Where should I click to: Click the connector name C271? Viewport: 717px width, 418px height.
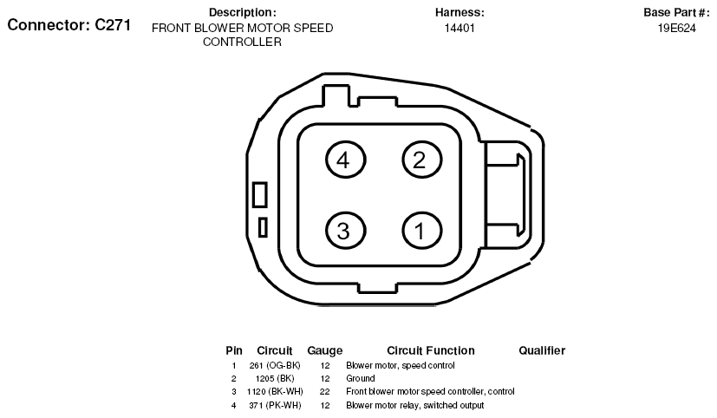pos(113,24)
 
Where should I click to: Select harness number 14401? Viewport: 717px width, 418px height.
pos(460,29)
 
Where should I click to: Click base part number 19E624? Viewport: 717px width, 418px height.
pos(677,29)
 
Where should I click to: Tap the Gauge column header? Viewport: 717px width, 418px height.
pos(324,350)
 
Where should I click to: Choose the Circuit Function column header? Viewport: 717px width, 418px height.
pos(431,350)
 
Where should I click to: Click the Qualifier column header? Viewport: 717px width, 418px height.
pos(542,350)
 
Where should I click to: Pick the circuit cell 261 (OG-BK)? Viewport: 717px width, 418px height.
pos(275,365)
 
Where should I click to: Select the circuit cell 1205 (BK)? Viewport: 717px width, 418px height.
pos(275,379)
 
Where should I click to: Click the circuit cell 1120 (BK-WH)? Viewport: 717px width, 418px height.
pos(275,391)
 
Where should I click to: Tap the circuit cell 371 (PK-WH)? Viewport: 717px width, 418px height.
pos(275,405)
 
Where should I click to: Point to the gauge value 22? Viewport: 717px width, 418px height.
pos(324,391)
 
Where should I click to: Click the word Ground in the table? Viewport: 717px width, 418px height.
pos(361,379)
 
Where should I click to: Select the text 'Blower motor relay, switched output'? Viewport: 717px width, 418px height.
pos(414,405)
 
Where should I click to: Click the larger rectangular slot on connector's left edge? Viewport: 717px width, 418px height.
pos(260,194)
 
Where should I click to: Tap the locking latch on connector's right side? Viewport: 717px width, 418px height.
pos(505,195)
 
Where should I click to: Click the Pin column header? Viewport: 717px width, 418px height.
pos(234,350)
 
